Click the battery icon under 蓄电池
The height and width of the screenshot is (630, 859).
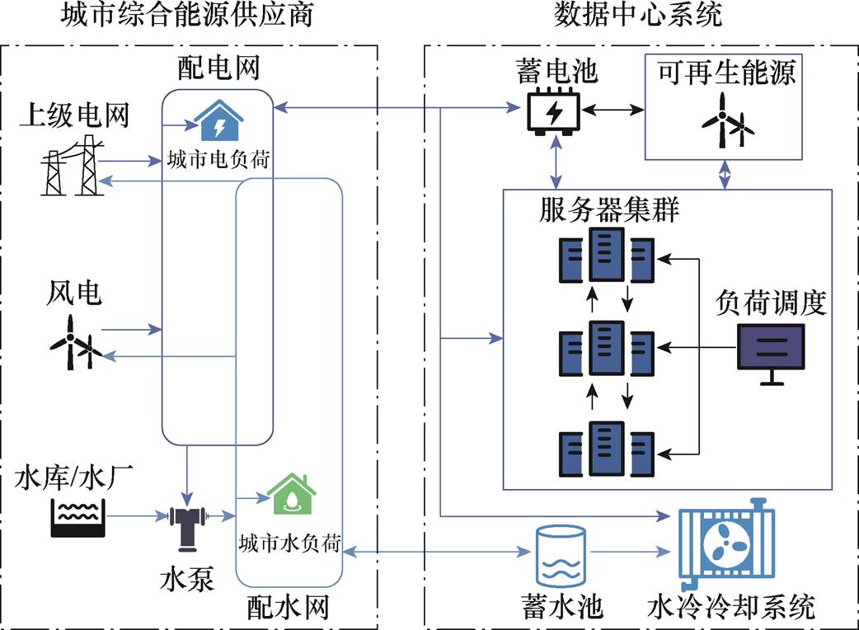554,111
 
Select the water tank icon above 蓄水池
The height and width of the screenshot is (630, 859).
560,554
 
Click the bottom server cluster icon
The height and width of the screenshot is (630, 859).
607,447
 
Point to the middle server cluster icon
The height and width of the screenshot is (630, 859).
607,352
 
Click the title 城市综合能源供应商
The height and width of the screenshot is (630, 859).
187,15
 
